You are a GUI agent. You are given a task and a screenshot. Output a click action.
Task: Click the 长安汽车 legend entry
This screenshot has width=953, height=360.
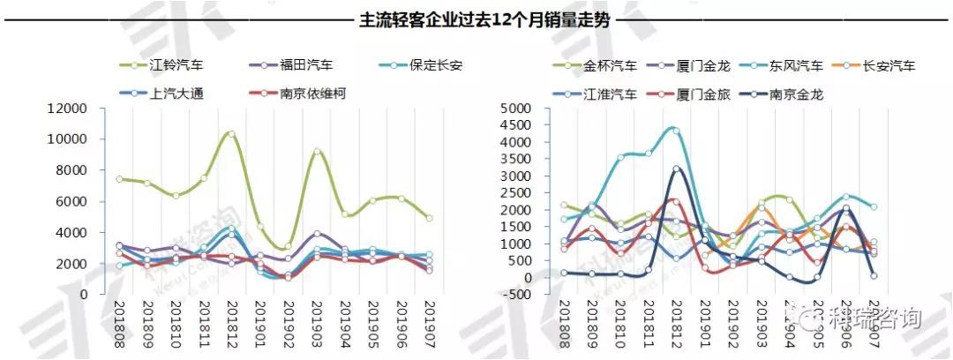pos(887,65)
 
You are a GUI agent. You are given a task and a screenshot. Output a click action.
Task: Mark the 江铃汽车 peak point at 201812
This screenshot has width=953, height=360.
pos(231,134)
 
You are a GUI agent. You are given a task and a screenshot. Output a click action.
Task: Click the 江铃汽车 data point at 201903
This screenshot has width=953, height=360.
pos(317,152)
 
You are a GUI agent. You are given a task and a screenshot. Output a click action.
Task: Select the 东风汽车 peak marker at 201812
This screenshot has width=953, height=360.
pos(677,131)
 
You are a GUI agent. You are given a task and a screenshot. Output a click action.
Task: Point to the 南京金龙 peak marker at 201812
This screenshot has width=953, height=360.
pos(677,169)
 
